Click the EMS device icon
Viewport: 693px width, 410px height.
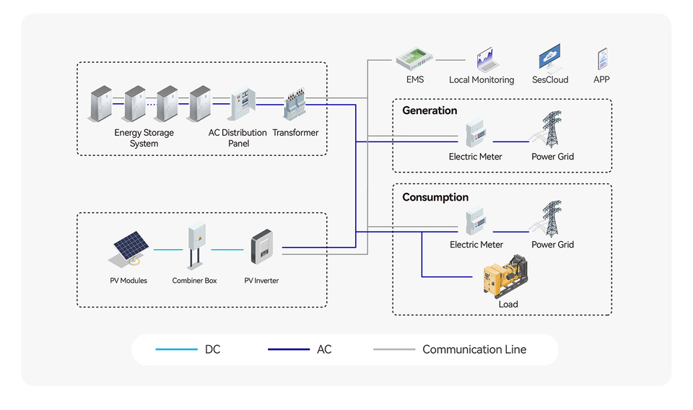pos(414,59)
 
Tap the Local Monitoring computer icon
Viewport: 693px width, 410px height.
pos(484,60)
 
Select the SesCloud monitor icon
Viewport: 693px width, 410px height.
pos(550,58)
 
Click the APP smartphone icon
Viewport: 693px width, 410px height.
pos(602,59)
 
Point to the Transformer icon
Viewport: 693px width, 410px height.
pos(295,105)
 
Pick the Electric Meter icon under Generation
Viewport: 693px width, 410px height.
pos(475,134)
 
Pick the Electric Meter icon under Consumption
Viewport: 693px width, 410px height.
pos(475,222)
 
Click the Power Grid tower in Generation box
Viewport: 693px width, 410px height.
pos(552,131)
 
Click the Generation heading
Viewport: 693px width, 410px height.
pos(430,110)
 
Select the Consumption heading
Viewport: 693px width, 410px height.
pos(435,197)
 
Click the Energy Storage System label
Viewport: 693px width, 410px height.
pos(144,138)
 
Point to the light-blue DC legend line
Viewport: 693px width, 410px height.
pos(176,349)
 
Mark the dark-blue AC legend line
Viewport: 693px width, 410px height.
pos(288,349)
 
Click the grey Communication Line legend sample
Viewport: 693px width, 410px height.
pos(393,349)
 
